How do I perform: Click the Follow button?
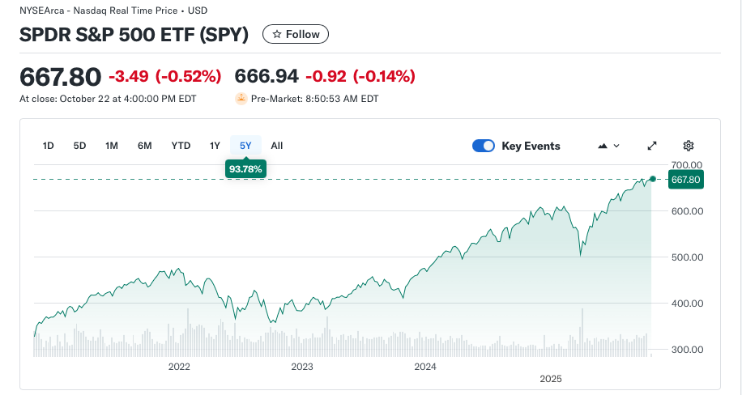click(x=296, y=34)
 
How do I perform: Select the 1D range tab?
click(x=48, y=146)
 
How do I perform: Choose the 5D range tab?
click(x=79, y=146)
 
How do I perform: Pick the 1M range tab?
click(x=112, y=146)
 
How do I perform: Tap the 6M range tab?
click(x=145, y=146)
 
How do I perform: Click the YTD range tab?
click(x=181, y=146)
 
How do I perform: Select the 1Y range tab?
click(x=215, y=146)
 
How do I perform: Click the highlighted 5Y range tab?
click(x=245, y=146)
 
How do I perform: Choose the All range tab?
click(x=277, y=146)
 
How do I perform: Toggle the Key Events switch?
click(x=484, y=146)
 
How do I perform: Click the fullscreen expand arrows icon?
click(x=652, y=146)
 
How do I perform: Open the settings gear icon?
click(x=689, y=146)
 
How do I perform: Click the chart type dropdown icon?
click(x=608, y=146)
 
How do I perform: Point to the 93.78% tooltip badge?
click(x=245, y=168)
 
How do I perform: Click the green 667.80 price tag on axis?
click(x=685, y=180)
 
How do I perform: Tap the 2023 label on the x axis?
click(x=302, y=367)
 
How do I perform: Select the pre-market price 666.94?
click(x=267, y=77)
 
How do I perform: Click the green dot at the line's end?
click(x=653, y=178)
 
